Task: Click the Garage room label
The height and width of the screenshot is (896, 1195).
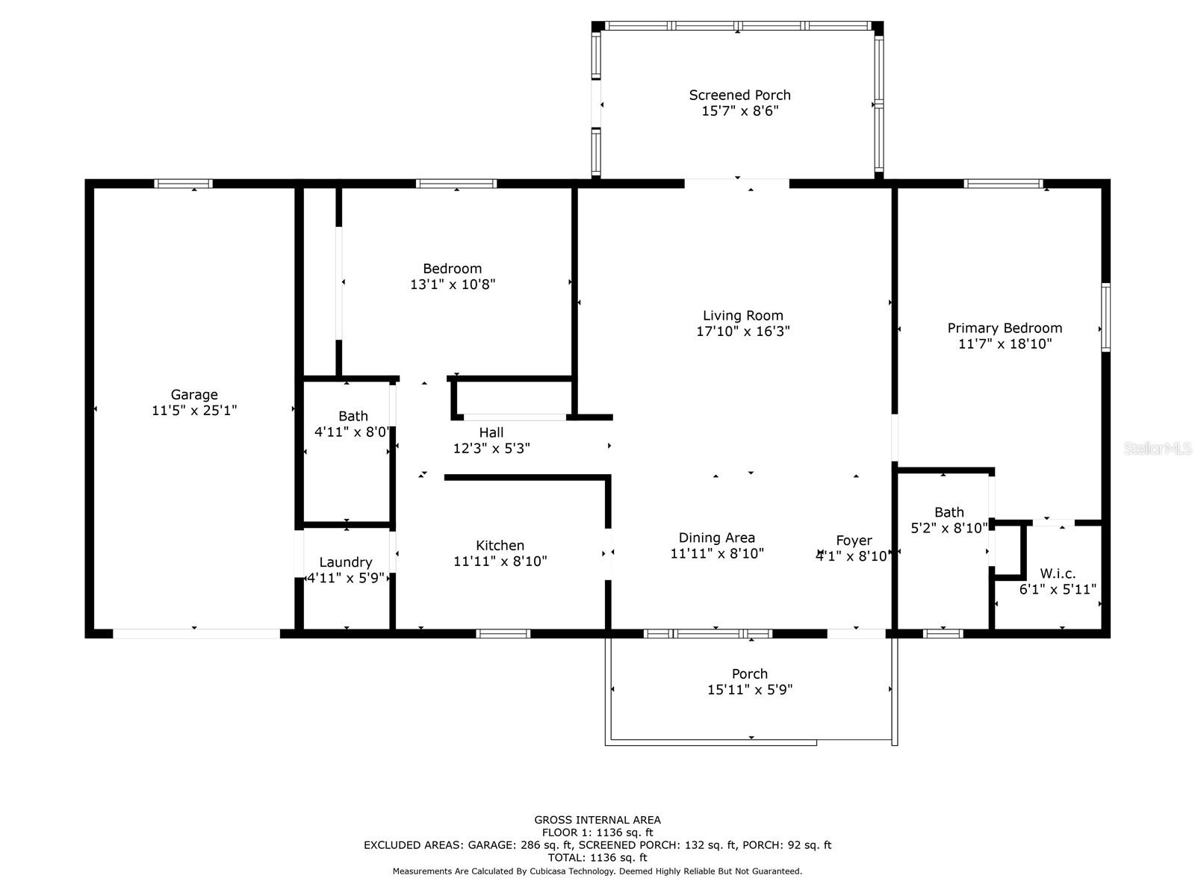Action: [x=193, y=394]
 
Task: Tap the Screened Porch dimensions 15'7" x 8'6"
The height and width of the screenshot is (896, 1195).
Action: [x=740, y=111]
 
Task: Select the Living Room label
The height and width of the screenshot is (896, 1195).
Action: [x=742, y=316]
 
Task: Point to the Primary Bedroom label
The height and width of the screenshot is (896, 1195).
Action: [x=1005, y=328]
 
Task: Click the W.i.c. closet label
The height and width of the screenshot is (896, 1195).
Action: [x=1058, y=573]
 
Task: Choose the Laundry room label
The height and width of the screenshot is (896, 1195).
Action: [x=346, y=562]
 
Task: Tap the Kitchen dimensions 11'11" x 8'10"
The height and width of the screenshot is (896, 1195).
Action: [x=500, y=561]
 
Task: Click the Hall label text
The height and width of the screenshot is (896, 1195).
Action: [x=491, y=432]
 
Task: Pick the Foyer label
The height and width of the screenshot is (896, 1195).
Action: [x=854, y=541]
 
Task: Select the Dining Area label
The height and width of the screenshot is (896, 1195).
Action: [x=716, y=538]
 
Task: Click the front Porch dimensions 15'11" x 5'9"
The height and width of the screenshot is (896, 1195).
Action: [x=750, y=690]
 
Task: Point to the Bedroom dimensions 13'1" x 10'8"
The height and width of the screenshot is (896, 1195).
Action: [x=453, y=284]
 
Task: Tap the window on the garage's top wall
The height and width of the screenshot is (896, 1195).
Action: [x=183, y=184]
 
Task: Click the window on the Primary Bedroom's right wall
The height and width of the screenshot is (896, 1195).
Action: [x=1105, y=317]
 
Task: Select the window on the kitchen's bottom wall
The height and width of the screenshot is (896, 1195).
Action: [x=503, y=633]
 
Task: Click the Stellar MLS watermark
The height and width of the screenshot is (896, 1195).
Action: [x=1157, y=448]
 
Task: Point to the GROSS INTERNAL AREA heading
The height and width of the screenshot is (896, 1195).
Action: [x=597, y=820]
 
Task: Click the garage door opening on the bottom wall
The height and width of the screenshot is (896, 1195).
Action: [x=196, y=633]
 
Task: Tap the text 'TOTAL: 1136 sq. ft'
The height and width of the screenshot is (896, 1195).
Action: [x=597, y=858]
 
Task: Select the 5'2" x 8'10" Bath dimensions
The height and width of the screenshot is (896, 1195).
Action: [x=949, y=528]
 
